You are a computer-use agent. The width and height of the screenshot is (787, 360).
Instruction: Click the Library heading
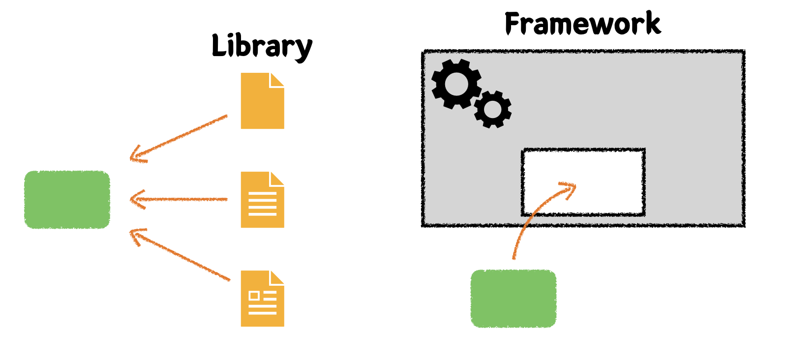coord(262,47)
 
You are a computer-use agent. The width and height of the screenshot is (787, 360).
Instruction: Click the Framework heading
coord(583,24)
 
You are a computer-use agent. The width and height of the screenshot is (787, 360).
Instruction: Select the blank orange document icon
coord(262,101)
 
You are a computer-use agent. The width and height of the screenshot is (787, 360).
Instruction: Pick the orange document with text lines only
coord(262,200)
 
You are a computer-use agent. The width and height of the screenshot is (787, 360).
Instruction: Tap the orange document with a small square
coord(262,299)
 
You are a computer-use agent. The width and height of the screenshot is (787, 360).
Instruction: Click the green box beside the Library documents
coord(67,200)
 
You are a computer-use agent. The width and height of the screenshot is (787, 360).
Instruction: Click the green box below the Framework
coord(514,299)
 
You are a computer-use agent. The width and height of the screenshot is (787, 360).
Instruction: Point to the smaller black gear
coord(493,109)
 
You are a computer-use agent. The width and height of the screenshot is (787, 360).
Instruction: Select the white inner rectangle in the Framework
coord(583,182)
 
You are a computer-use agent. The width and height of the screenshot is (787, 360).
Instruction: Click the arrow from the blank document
coord(180,138)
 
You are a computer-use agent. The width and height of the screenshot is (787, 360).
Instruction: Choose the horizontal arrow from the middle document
coord(180,200)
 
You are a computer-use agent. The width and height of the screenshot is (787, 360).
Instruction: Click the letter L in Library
coord(218,45)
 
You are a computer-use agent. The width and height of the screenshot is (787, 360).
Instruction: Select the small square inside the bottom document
coord(254,296)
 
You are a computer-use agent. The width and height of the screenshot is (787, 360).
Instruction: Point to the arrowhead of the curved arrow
coord(571,187)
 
